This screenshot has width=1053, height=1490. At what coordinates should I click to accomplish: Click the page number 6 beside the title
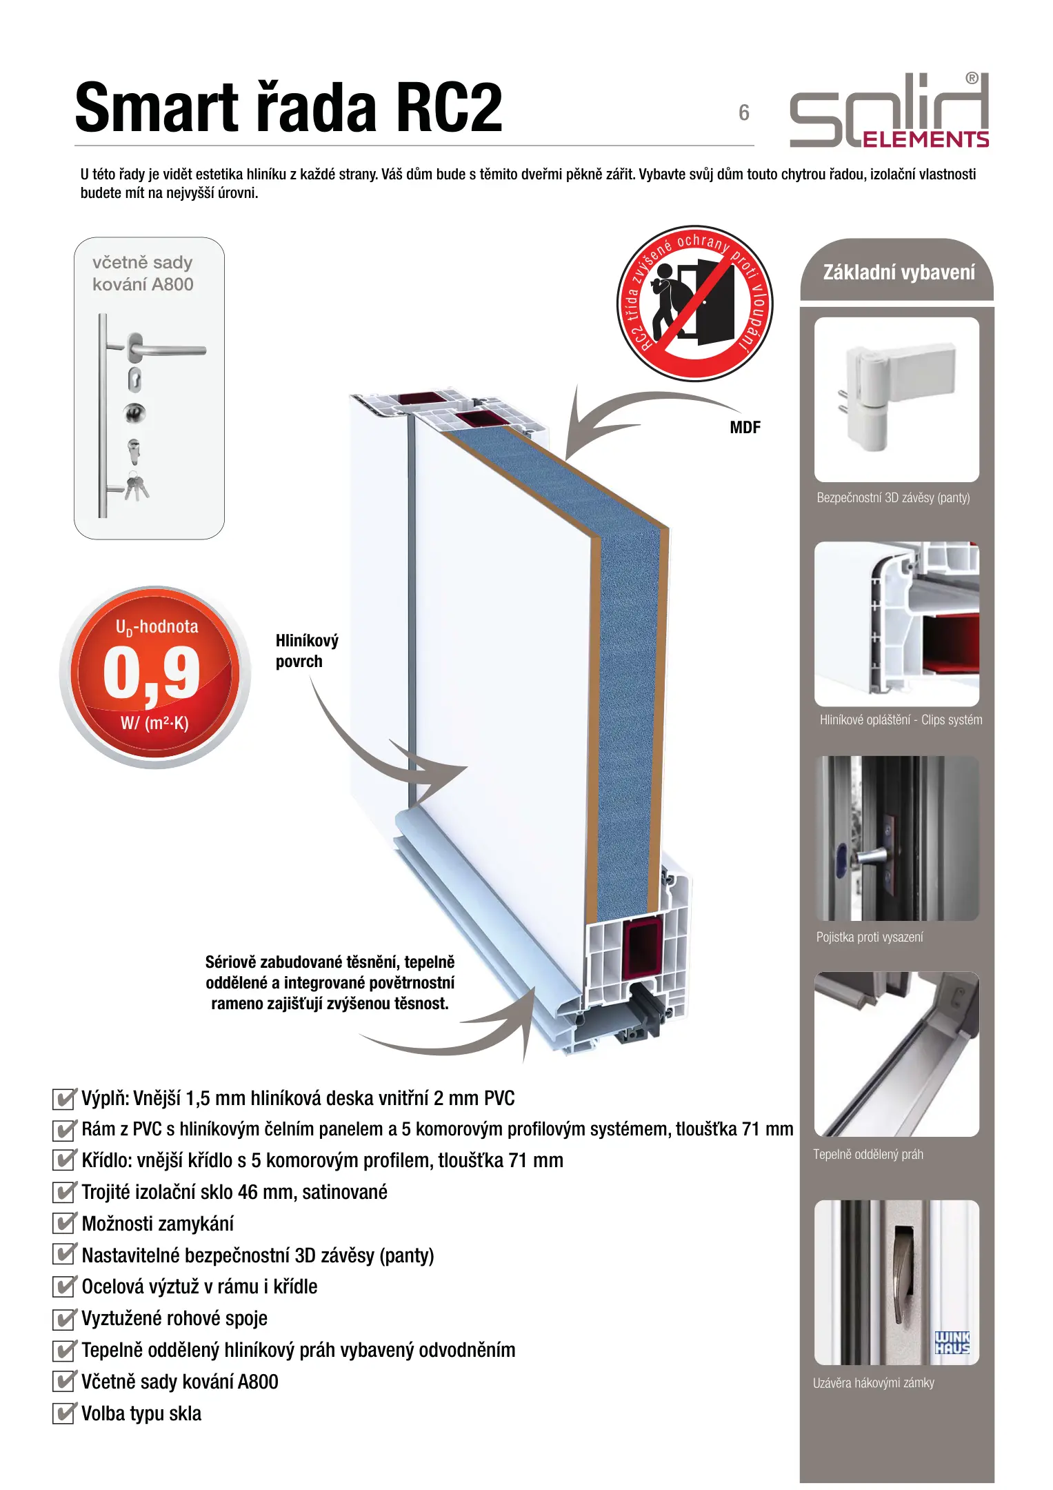tap(744, 112)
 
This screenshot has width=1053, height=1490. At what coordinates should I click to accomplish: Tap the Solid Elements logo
tap(890, 110)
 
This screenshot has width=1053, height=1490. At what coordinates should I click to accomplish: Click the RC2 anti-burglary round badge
tap(695, 304)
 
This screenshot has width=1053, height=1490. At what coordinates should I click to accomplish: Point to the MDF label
tap(745, 428)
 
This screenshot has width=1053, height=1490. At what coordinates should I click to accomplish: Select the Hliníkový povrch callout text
tap(307, 650)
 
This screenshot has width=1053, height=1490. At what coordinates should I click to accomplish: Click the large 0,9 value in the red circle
tap(152, 673)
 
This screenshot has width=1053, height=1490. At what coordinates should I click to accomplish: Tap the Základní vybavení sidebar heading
tap(899, 272)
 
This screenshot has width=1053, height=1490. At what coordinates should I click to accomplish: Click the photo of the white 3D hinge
tap(896, 399)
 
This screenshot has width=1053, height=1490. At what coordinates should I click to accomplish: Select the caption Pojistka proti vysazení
tap(870, 937)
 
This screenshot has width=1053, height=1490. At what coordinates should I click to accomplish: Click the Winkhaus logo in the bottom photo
tap(952, 1342)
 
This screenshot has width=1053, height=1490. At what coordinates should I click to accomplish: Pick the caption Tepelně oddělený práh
tap(868, 1154)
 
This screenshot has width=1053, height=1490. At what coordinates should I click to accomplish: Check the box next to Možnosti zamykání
tap(64, 1223)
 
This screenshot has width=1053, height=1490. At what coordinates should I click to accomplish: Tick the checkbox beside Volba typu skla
tap(64, 1413)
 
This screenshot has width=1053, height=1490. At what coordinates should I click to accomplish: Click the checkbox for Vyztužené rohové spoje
tap(64, 1318)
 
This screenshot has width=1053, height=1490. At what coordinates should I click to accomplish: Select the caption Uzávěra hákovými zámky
tap(874, 1382)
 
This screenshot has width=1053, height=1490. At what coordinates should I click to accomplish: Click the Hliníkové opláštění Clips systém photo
tap(896, 624)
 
